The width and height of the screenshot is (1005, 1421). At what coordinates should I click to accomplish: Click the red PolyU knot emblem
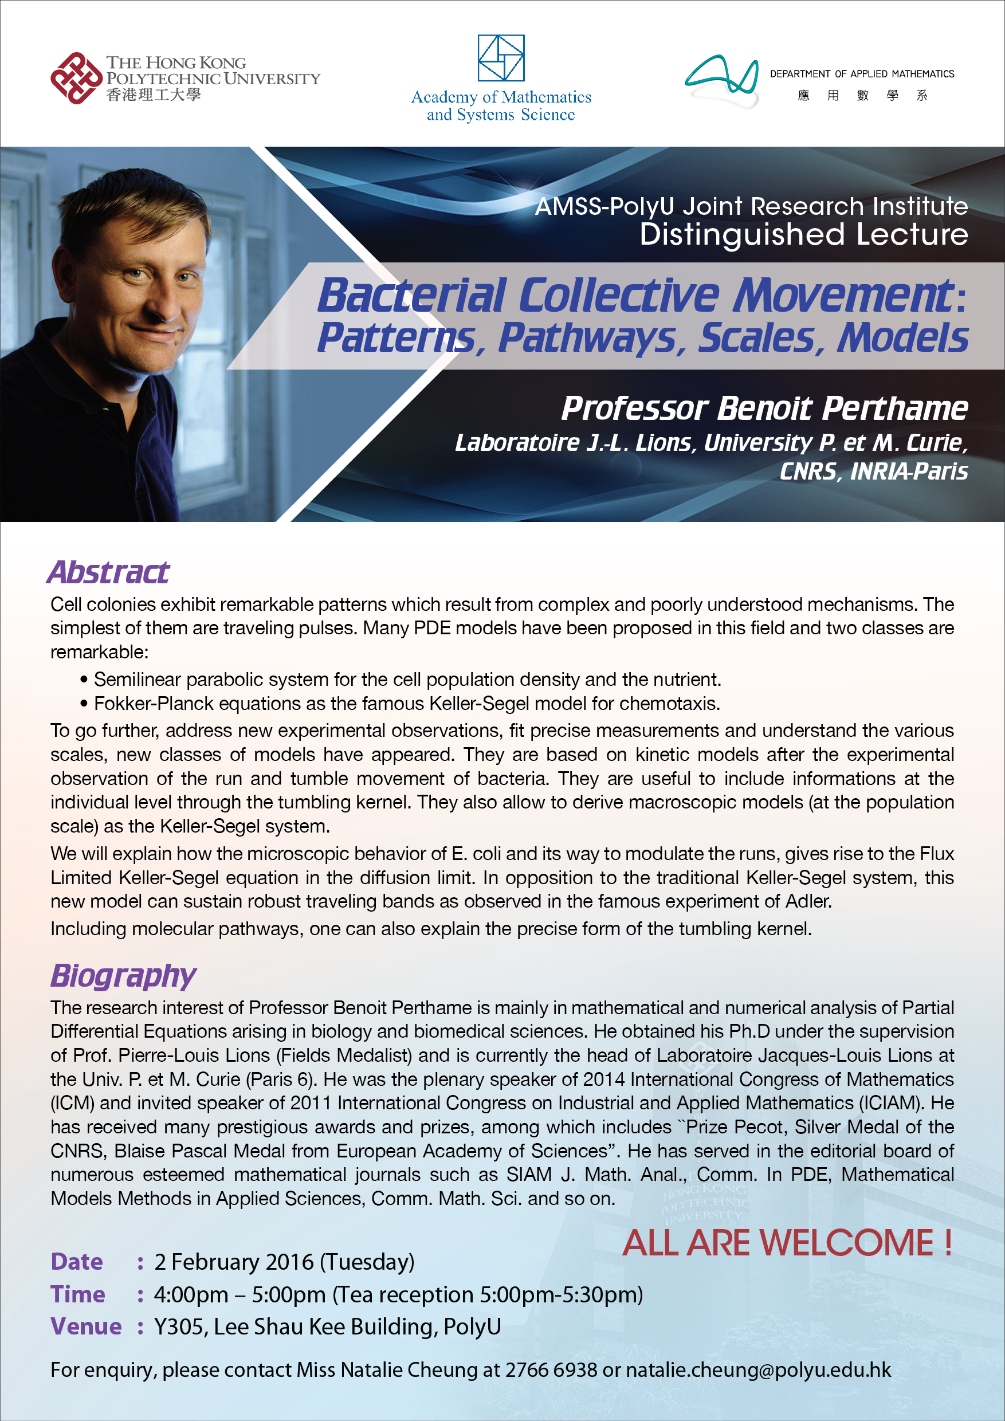tap(76, 78)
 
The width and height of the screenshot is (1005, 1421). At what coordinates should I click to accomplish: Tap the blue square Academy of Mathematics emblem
tap(501, 58)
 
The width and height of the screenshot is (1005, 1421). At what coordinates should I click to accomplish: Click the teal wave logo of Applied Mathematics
tap(721, 78)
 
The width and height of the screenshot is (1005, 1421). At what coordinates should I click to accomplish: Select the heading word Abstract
tap(108, 572)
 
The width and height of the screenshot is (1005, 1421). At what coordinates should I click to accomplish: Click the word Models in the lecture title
tap(902, 338)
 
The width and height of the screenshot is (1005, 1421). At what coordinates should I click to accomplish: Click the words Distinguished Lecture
tap(803, 234)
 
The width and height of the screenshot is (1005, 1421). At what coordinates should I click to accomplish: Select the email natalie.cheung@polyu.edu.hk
tap(758, 1370)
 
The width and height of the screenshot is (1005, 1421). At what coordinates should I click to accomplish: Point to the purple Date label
tap(77, 1261)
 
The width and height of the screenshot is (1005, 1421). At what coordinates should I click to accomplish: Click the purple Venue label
tap(86, 1326)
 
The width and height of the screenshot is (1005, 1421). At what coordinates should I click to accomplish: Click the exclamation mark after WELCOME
tap(948, 1243)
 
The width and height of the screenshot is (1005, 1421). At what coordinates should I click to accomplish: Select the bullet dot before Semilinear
tap(84, 680)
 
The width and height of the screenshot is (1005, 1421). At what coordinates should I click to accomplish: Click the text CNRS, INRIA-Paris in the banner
tap(873, 472)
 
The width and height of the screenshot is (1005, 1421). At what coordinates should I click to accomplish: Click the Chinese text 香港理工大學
tap(154, 95)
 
